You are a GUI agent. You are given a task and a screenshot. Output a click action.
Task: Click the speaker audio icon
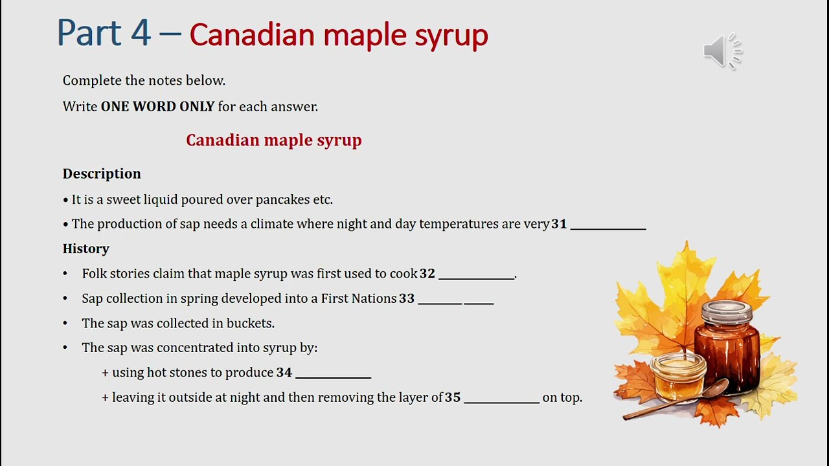pos(721,50)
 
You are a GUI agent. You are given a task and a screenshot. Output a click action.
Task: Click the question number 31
pos(559,224)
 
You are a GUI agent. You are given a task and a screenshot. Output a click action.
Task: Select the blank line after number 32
pos(476,275)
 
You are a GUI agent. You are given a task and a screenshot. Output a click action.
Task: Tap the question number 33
pos(407,298)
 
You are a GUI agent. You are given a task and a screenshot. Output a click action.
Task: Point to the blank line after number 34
pos(333,374)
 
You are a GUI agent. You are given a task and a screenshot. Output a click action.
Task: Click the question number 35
pos(453,397)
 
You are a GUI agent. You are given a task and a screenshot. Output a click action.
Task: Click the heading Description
pos(102,173)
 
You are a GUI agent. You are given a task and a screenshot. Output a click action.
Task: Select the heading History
pos(86,249)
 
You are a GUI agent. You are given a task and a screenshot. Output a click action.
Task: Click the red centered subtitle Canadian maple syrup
pos(273,140)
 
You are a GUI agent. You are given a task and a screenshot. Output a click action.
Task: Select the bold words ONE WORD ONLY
pos(157,107)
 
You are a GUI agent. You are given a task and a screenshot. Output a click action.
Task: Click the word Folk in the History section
pos(94,274)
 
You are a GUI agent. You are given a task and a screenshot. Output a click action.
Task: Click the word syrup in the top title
pos(451,35)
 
